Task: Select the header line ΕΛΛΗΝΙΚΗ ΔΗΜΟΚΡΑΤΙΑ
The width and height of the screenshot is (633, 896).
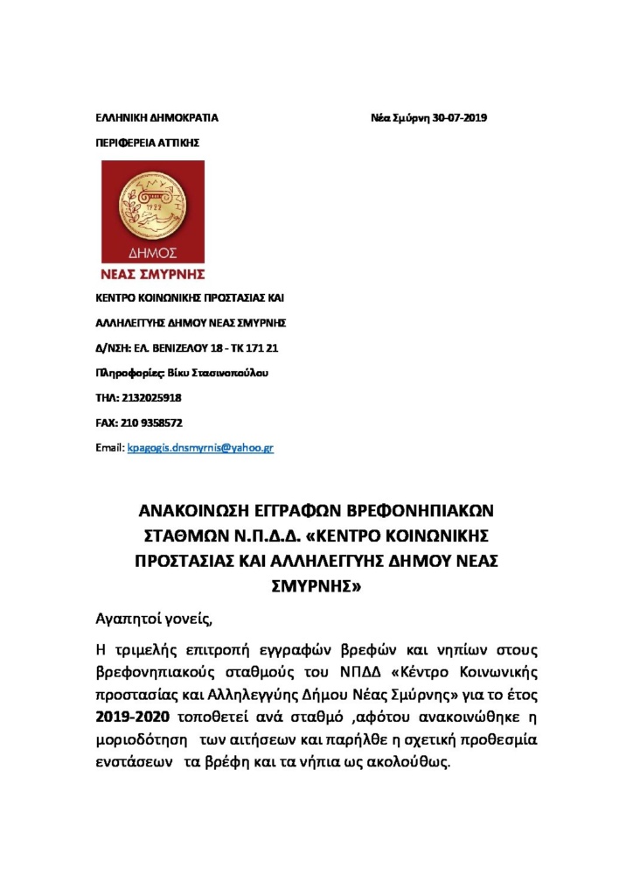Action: click(157, 117)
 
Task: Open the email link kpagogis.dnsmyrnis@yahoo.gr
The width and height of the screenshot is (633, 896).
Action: click(201, 447)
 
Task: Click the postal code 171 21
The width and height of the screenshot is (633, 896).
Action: click(262, 347)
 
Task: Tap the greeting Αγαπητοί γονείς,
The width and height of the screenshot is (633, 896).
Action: click(154, 620)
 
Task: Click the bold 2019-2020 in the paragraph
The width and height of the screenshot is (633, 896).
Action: click(135, 718)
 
